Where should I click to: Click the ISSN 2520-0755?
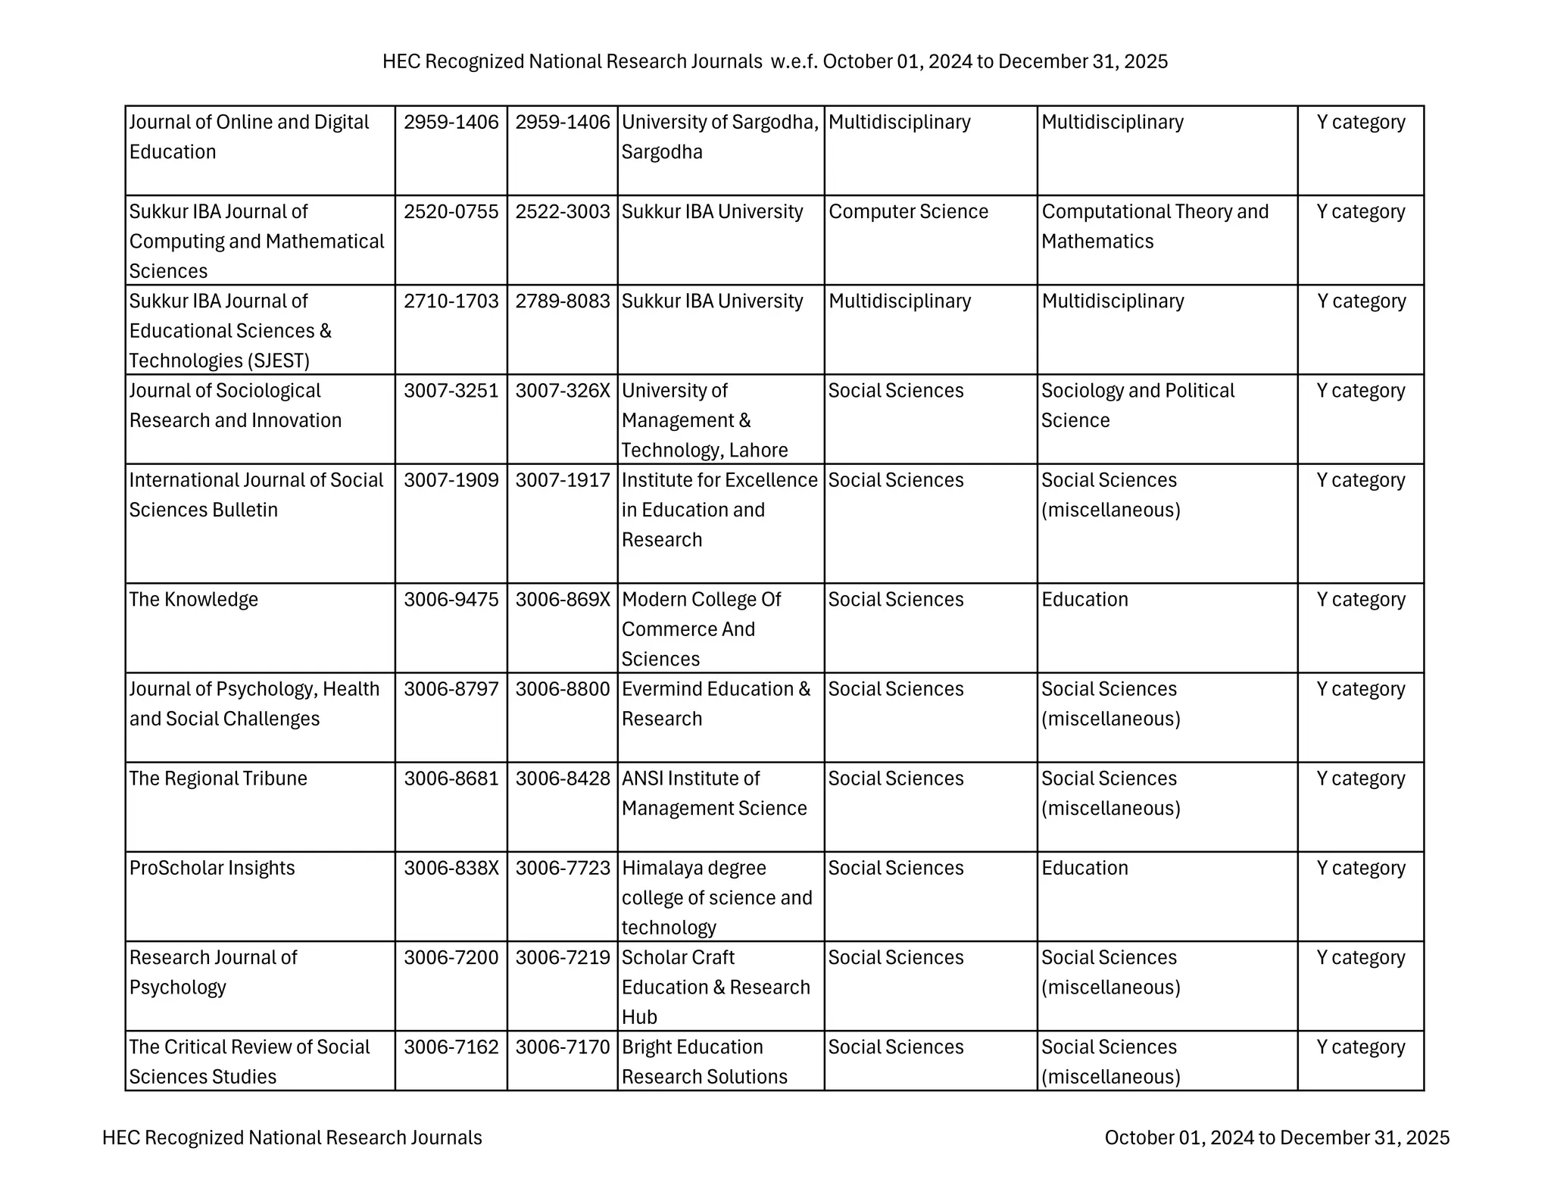451,212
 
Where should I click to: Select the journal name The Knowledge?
194,600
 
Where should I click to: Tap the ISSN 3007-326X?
562,391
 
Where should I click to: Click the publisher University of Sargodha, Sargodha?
719,137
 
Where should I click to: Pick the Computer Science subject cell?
908,212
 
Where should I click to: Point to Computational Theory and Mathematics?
1154,226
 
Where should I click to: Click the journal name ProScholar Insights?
212,868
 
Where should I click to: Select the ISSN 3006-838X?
451,868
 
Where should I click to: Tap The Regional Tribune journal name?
218,778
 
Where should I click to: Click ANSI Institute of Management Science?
713,794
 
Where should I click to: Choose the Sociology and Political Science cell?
1137,405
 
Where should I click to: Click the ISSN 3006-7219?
562,957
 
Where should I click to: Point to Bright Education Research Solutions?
704,1062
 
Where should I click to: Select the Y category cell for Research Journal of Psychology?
1360,957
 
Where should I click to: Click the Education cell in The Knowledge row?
1084,600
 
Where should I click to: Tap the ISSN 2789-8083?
562,301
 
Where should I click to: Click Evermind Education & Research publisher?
716,704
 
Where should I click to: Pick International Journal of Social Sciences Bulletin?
256,495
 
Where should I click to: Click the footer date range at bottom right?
1277,1137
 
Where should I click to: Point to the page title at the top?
775,61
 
